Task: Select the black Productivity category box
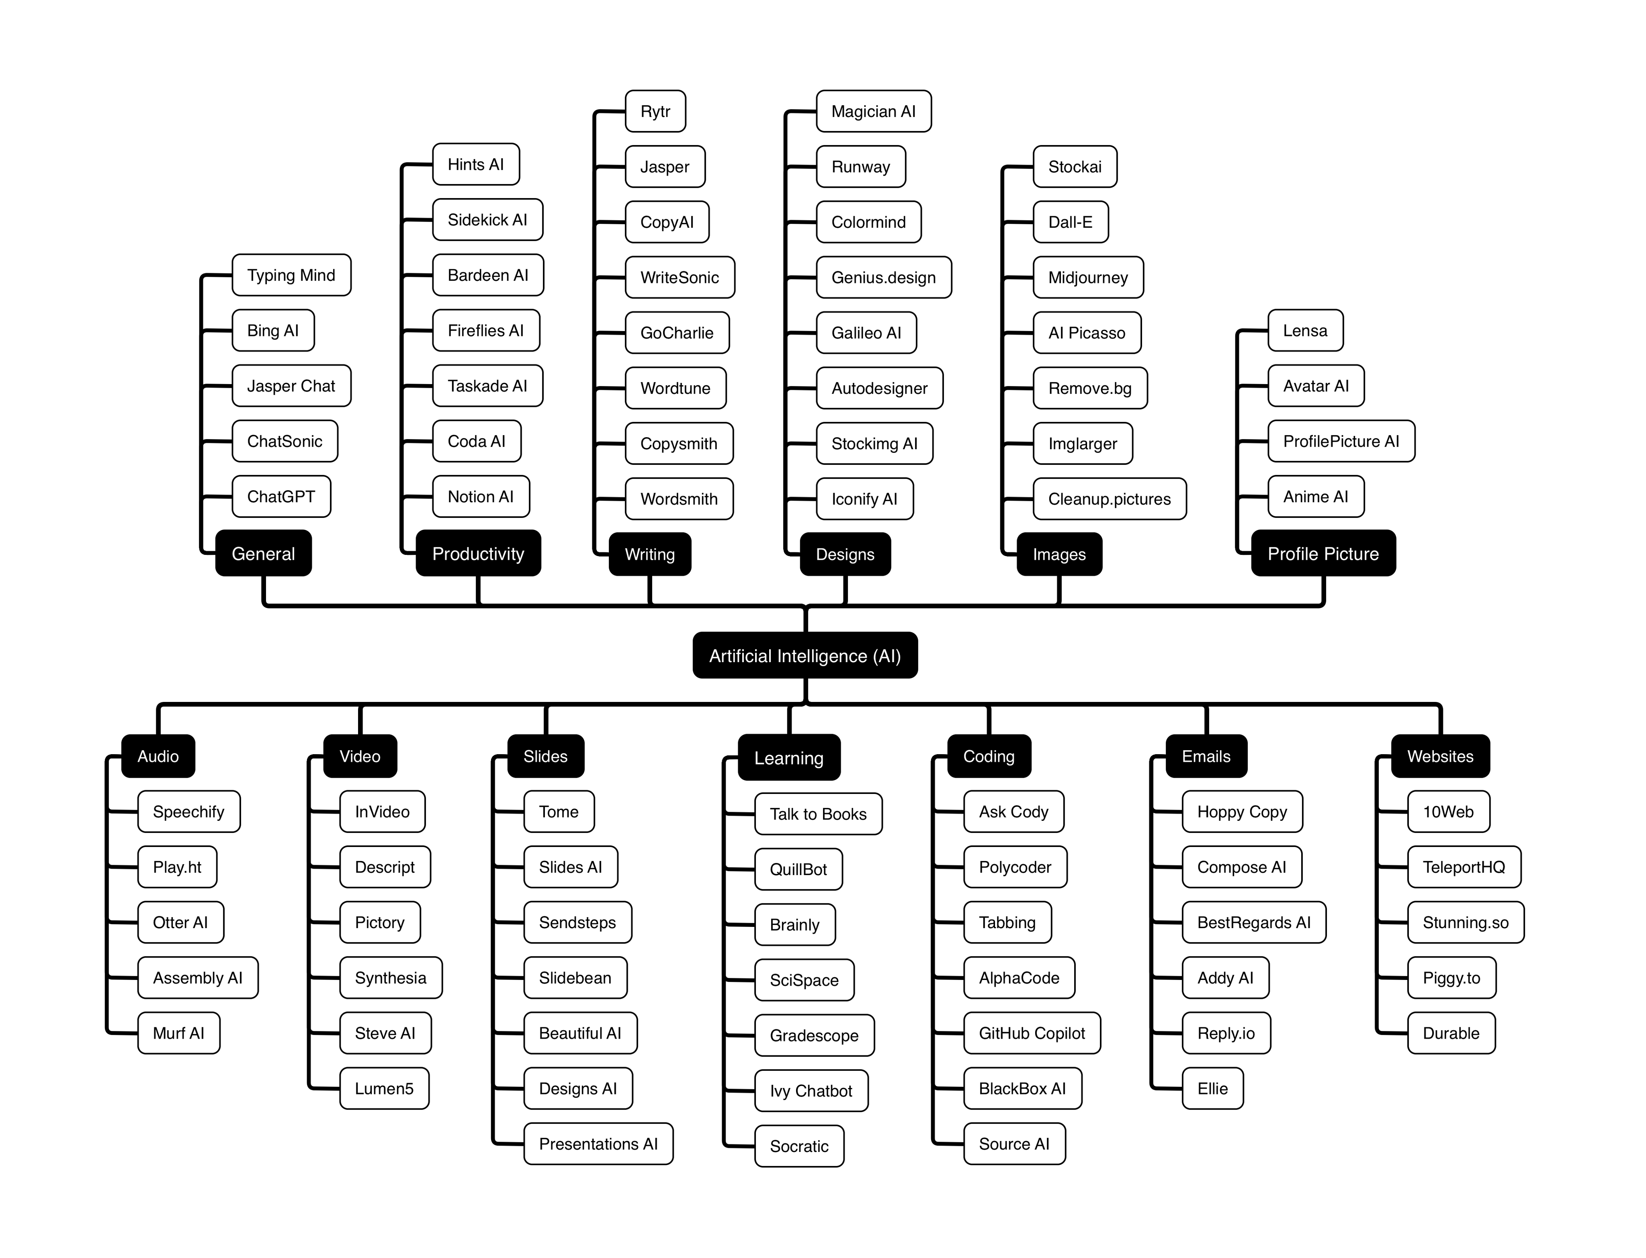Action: pyautogui.click(x=478, y=553)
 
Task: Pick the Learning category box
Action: pyautogui.click(x=788, y=758)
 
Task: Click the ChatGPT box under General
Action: pyautogui.click(x=281, y=497)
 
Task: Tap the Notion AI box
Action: pyautogui.click(x=480, y=497)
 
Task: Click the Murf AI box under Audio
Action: pyautogui.click(x=178, y=1033)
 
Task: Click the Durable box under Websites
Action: pyautogui.click(x=1451, y=1033)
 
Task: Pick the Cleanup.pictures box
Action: pyautogui.click(x=1109, y=499)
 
